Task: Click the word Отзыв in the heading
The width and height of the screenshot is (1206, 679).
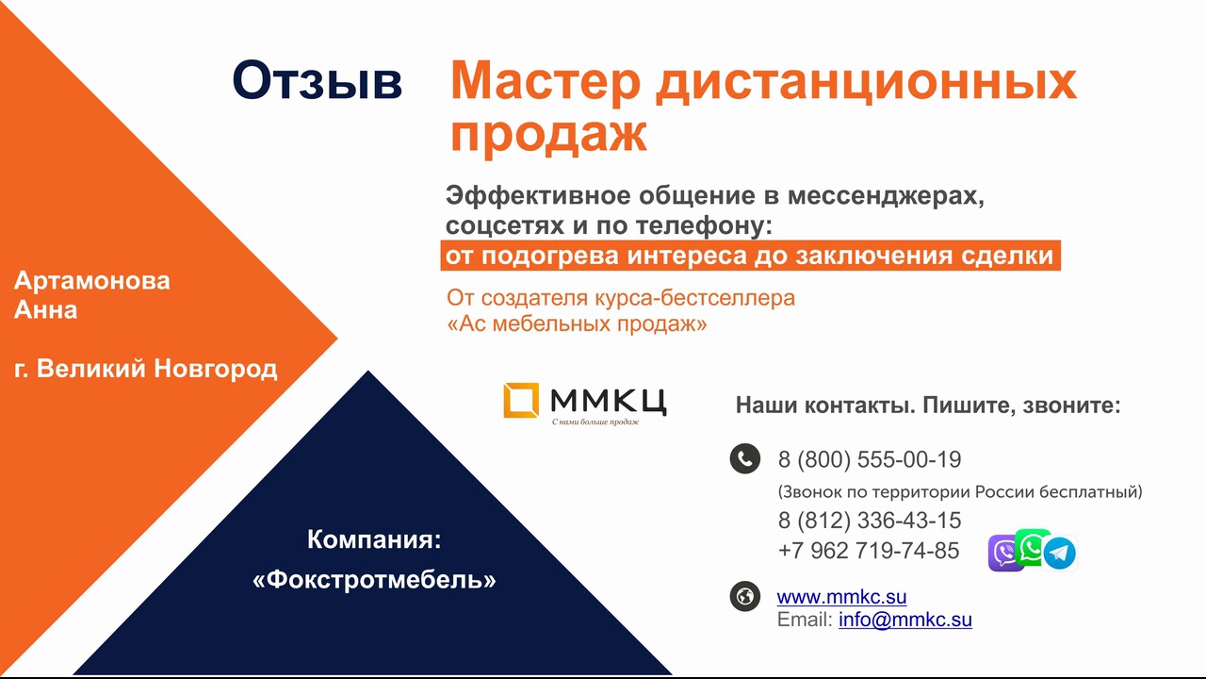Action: [318, 81]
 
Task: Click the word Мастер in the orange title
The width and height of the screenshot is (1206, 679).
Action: [545, 82]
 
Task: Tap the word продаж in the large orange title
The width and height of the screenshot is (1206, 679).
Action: [548, 134]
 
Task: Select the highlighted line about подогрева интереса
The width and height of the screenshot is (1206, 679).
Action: [751, 256]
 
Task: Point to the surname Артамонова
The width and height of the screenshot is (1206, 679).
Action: [92, 281]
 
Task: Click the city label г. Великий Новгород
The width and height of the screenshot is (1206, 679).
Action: [145, 369]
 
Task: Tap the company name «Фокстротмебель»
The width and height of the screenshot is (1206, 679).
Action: [374, 580]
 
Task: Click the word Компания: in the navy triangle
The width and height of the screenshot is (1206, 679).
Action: [374, 539]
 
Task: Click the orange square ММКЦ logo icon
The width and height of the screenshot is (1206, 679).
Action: [521, 400]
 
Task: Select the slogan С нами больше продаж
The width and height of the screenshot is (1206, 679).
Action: [595, 422]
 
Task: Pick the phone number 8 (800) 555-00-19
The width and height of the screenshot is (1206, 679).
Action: [870, 459]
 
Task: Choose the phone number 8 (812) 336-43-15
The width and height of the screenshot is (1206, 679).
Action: [870, 521]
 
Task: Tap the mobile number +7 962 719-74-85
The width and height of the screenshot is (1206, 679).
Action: [869, 551]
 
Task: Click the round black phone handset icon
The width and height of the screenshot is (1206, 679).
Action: [745, 458]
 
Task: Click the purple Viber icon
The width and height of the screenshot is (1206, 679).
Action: [1003, 554]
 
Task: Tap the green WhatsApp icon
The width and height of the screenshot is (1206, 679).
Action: [1032, 548]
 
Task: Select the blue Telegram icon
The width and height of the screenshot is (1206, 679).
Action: [1060, 553]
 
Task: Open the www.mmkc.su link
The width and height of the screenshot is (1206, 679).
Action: [841, 597]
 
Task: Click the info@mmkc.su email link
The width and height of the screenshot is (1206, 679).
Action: [905, 620]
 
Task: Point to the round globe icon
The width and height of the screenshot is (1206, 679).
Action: [745, 597]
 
